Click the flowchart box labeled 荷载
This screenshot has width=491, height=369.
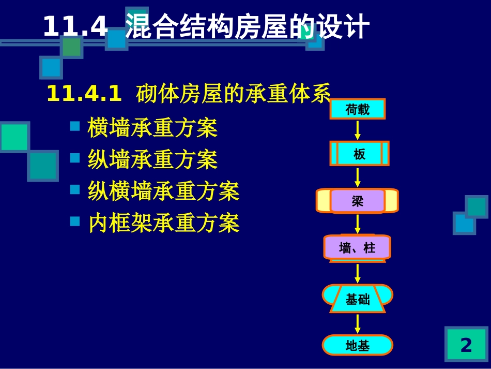[358, 109]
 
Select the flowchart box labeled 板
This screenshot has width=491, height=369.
[359, 154]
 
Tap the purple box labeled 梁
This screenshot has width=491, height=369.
[358, 201]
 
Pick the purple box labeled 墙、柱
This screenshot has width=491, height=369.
[357, 247]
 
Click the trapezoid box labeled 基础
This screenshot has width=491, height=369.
[358, 299]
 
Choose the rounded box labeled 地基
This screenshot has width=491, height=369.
[358, 345]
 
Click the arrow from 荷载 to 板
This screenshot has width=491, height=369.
[358, 129]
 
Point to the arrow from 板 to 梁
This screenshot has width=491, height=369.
[358, 177]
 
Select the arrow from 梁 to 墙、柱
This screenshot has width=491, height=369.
[358, 224]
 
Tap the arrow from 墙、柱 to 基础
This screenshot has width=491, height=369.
[358, 273]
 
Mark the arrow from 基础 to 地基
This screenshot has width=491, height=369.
[358, 323]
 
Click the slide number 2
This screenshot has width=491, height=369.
[466, 345]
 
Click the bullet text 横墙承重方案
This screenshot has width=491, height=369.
[152, 128]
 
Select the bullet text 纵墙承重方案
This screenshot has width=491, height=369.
[152, 159]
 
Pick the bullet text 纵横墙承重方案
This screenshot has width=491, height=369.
[163, 191]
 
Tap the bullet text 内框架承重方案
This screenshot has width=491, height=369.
[163, 223]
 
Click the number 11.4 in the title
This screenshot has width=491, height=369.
[75, 27]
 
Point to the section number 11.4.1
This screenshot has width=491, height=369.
[84, 94]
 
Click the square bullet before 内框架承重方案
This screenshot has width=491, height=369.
[75, 222]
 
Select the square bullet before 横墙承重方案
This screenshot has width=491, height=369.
[75, 126]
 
